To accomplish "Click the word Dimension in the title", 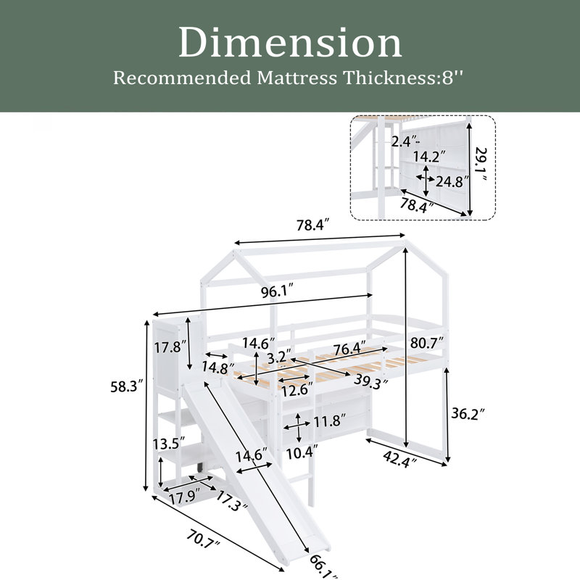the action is [x=291, y=43].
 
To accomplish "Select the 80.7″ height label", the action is [x=427, y=344].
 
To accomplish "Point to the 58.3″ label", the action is [x=127, y=387].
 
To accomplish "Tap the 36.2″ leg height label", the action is [x=468, y=413].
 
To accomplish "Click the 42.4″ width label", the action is [x=400, y=460].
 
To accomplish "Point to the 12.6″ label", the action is [x=297, y=390].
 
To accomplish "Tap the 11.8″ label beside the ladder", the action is [x=330, y=420].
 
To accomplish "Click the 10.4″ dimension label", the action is [x=302, y=452].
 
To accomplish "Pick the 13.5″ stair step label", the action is [x=170, y=442].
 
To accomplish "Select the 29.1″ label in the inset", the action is [x=481, y=165].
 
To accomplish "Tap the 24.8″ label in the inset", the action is [x=452, y=181].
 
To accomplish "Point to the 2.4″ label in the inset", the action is [x=405, y=141].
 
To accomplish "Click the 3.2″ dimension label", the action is [x=277, y=357].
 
